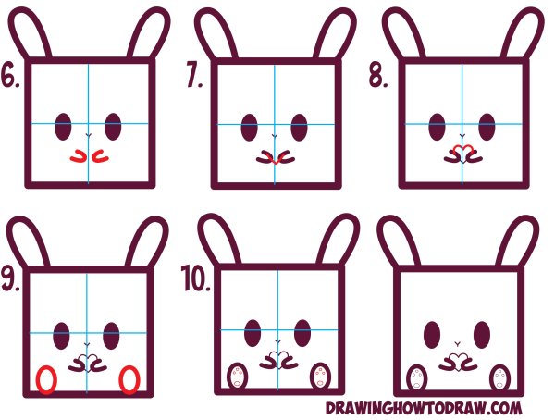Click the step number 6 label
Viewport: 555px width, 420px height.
[x=10, y=75]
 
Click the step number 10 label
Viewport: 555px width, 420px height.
[x=196, y=278]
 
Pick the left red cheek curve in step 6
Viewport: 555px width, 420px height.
[x=78, y=158]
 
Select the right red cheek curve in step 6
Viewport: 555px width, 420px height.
[x=100, y=158]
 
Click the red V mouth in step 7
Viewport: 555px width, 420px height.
[x=276, y=162]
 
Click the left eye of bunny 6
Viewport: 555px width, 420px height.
[x=63, y=127]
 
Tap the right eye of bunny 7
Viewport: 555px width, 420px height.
[x=299, y=127]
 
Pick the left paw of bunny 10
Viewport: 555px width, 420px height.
[x=237, y=376]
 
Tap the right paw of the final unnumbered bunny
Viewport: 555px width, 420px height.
[x=499, y=377]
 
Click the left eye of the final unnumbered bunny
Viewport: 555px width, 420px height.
[x=432, y=334]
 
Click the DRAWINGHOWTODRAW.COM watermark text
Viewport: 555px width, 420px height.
[x=424, y=408]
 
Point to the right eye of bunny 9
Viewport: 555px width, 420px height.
[x=112, y=336]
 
